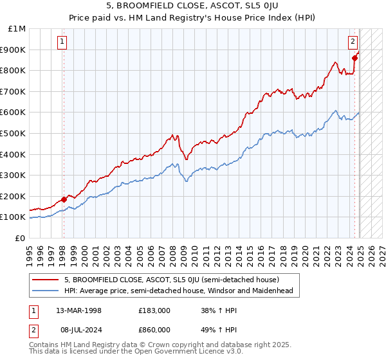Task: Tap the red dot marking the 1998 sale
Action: point(64,199)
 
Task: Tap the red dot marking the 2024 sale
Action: point(354,58)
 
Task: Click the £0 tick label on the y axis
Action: point(21,238)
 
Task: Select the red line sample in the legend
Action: point(46,280)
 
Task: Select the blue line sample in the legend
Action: point(46,291)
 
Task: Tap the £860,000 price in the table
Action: point(154,329)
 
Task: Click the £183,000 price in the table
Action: point(154,310)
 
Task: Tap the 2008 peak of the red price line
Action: point(172,134)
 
